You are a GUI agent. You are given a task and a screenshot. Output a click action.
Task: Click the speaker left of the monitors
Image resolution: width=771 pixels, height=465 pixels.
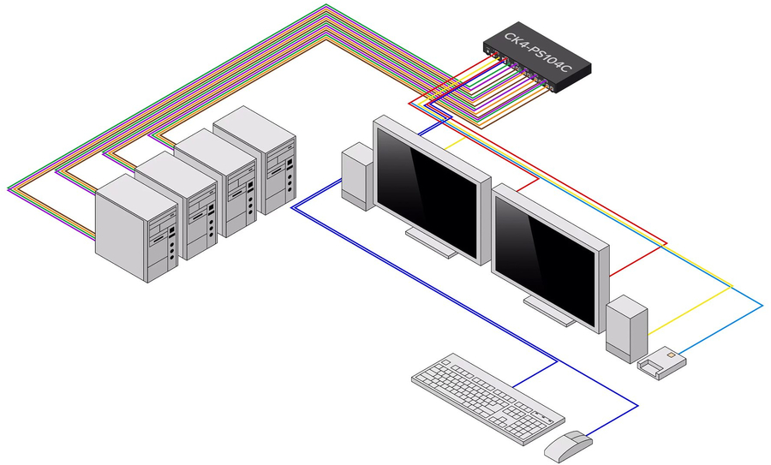(356, 177)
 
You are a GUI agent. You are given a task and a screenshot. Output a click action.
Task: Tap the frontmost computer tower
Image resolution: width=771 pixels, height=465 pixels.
(137, 227)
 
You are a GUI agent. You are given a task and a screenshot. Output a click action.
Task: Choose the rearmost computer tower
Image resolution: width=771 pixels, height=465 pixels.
(254, 158)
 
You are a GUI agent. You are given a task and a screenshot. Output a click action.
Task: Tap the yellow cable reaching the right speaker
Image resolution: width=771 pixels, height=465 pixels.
(685, 313)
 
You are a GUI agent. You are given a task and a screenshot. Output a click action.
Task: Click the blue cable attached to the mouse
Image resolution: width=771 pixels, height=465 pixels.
(617, 415)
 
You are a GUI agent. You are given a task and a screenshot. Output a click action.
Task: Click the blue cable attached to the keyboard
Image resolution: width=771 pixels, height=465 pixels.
(535, 371)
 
